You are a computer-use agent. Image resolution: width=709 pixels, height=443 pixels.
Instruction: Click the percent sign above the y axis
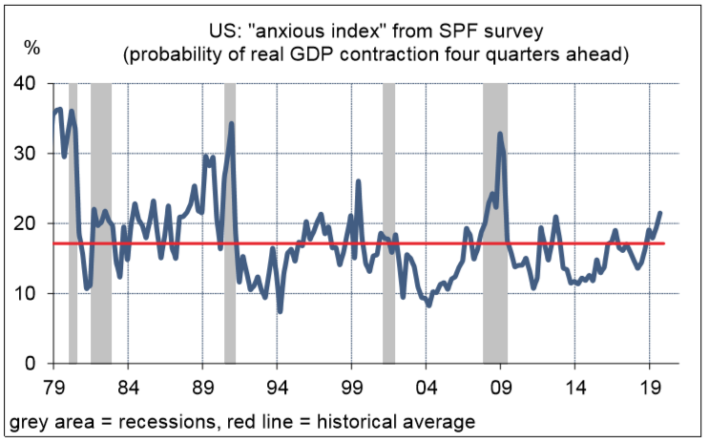click(x=31, y=46)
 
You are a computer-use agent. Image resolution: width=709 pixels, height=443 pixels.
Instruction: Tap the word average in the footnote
click(x=438, y=420)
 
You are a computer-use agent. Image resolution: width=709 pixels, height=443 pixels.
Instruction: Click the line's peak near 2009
click(x=500, y=134)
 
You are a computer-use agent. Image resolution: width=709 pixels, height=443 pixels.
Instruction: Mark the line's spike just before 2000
click(x=358, y=181)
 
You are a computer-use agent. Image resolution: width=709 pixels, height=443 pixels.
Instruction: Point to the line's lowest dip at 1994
click(x=280, y=310)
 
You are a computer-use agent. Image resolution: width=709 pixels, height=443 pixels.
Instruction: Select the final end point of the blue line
click(x=659, y=213)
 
